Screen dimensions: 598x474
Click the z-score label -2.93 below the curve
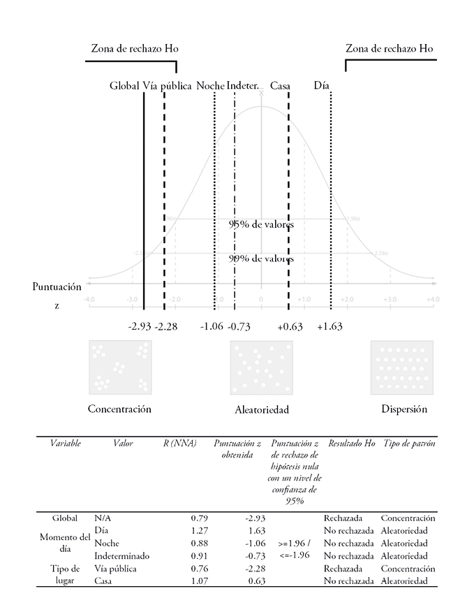140,326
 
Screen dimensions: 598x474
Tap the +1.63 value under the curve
329,326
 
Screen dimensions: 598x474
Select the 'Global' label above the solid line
124,86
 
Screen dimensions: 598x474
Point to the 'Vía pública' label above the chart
167,86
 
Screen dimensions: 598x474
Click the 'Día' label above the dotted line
321,86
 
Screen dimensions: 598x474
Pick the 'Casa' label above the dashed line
281,86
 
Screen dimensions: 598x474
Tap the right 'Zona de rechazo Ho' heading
390,49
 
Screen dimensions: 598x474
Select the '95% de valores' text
261,224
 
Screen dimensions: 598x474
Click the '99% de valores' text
261,258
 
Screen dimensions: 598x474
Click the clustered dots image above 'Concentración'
120,367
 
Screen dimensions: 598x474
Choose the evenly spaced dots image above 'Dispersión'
401,367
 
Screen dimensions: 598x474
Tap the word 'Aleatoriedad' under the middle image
261,409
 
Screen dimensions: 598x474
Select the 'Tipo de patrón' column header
408,444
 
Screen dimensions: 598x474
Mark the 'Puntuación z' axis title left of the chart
57,296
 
